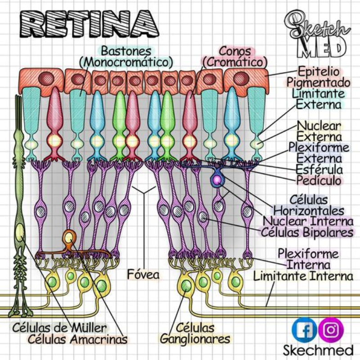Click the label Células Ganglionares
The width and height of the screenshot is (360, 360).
coord(195,333)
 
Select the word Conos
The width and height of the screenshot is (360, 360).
coord(234,50)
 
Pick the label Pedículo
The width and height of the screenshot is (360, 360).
coord(319,180)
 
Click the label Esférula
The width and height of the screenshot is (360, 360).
coord(319,170)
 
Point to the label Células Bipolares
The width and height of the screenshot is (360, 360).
coord(307,232)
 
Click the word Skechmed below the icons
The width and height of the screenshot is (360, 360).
coord(318,350)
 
